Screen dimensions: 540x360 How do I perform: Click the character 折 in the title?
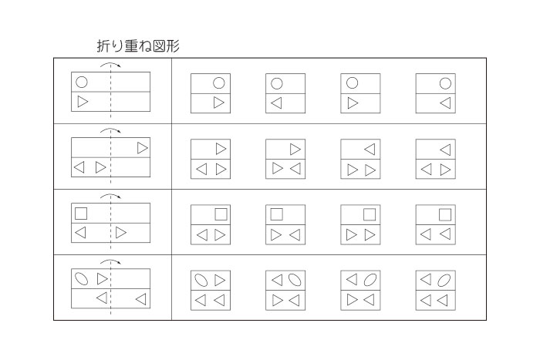tap(103, 45)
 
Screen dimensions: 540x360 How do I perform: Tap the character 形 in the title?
tap(174, 45)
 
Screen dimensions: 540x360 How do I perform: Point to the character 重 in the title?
tap(131, 45)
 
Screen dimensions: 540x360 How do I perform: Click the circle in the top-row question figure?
tap(82, 82)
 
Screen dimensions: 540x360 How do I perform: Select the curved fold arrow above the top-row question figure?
tap(110, 63)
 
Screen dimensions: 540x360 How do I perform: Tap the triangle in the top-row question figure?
tap(83, 102)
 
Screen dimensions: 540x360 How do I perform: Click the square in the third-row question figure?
tap(81, 214)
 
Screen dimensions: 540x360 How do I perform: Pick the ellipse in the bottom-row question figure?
tap(82, 279)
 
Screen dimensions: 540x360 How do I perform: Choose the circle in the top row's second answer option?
tap(276, 83)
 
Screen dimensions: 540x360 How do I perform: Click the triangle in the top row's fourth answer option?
tap(445, 103)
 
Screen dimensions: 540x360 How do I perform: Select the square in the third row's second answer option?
tap(276, 214)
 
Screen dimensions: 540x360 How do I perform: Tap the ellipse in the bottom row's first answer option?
tap(201, 280)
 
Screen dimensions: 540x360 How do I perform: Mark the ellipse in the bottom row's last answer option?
tap(444, 280)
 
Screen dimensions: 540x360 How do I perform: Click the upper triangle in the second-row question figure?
tap(143, 148)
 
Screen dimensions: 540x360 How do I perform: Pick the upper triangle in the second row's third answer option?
tap(370, 150)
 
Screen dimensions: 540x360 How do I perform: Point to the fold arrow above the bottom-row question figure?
tap(110, 261)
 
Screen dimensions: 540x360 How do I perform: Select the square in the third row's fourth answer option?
tap(445, 215)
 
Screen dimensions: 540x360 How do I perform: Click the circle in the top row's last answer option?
tap(445, 83)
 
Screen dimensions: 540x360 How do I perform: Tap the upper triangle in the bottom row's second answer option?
tap(277, 280)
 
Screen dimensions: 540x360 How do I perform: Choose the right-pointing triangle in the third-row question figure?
tap(121, 232)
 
